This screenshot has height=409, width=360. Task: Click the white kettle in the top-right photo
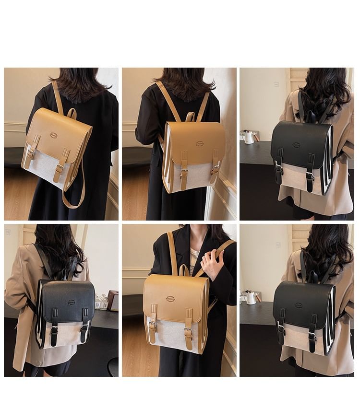pos(249,137)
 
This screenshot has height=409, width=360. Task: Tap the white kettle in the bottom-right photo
pos(250,297)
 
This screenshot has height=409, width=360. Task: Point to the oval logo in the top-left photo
pos(53,135)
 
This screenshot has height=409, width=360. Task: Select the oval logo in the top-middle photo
pos(200,143)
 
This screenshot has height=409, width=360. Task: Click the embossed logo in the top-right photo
pos(296,145)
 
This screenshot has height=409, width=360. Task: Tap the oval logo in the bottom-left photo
pos(71,302)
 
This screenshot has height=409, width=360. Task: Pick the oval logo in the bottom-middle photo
pos(170,299)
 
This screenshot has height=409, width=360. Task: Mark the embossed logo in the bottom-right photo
pos(298,305)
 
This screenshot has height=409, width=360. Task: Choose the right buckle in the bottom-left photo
pos(84,327)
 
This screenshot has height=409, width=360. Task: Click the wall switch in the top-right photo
pos(277,84)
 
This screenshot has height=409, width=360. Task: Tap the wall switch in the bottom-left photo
pos(8,232)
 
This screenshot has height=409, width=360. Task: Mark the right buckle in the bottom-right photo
pos(312,335)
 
